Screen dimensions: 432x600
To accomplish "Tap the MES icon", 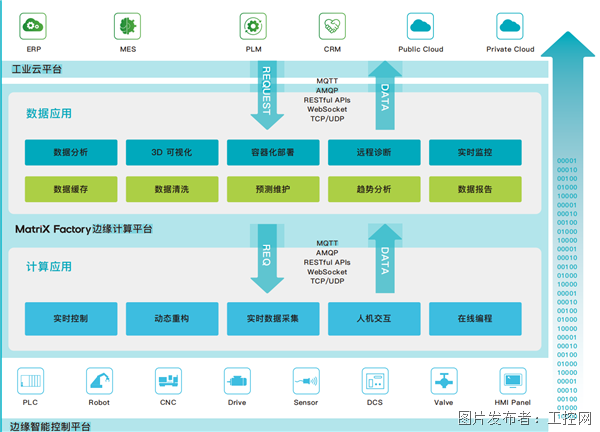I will pyautogui.click(x=127, y=25).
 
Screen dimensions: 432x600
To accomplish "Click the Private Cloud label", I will pyautogui.click(x=510, y=49).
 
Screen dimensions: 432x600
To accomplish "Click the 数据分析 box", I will pyautogui.click(x=71, y=152).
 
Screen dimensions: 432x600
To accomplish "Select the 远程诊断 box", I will pyautogui.click(x=373, y=152).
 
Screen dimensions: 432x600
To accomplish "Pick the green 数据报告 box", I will pyautogui.click(x=474, y=188).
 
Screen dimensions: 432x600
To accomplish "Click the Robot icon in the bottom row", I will pyautogui.click(x=99, y=380).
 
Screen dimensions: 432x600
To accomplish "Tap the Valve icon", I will pyautogui.click(x=442, y=380).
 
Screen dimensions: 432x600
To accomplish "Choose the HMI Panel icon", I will pyautogui.click(x=514, y=380).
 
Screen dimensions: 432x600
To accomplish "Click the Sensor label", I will pyautogui.click(x=305, y=402).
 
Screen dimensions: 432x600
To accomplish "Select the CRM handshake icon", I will pyautogui.click(x=332, y=25).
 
